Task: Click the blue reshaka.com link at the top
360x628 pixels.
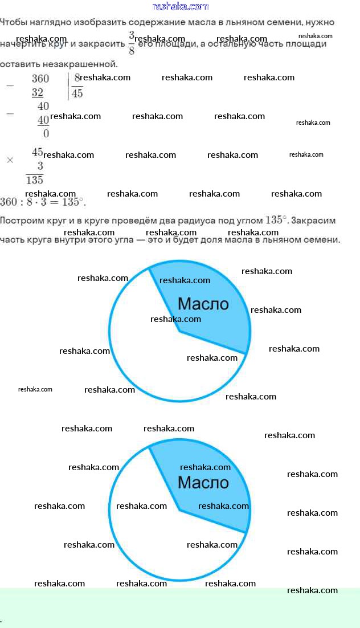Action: (180, 6)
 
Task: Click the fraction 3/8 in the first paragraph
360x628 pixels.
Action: (132, 43)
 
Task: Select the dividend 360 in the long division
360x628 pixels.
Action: (40, 79)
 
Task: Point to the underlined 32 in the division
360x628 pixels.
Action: (38, 92)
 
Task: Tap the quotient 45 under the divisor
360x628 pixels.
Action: (77, 93)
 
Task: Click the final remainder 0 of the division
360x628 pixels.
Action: (46, 134)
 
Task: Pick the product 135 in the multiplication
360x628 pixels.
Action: (35, 180)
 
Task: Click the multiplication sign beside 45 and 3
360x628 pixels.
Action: (10, 160)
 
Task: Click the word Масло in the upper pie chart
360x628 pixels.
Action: (203, 303)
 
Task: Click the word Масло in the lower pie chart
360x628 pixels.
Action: (203, 482)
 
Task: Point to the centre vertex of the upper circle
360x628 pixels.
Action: (179, 330)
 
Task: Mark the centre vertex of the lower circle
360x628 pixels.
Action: (179, 509)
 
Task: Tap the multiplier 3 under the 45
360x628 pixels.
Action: (40, 166)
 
